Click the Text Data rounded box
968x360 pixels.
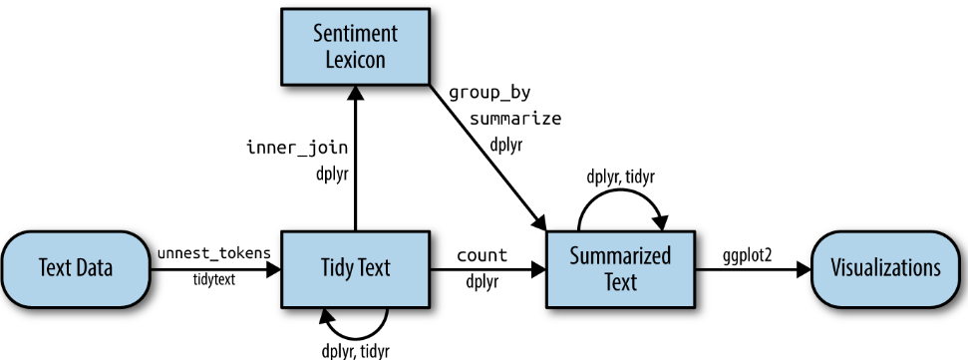click(75, 267)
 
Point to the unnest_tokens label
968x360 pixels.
click(213, 253)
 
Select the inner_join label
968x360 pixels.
click(296, 148)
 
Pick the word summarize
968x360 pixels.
click(516, 119)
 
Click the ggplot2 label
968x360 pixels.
click(749, 255)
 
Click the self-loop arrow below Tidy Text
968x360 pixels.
click(354, 317)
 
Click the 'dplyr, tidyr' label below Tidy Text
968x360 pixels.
click(355, 350)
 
